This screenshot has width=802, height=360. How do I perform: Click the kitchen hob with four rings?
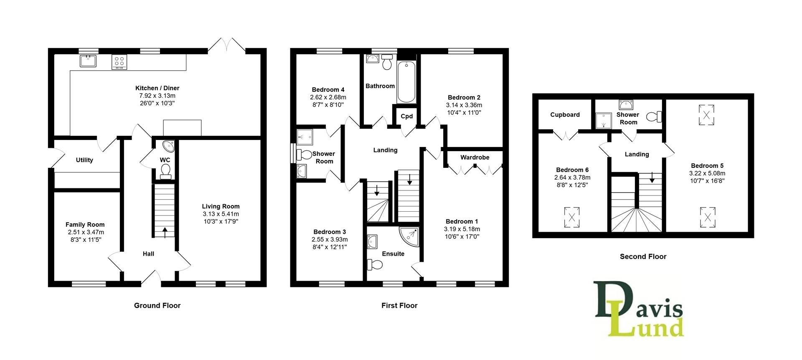(x=119, y=62)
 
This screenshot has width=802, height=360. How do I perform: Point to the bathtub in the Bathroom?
(x=406, y=82)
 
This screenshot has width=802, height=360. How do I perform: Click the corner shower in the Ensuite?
(x=410, y=236)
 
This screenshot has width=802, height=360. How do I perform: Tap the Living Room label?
(x=221, y=206)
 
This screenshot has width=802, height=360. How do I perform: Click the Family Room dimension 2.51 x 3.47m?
(x=85, y=232)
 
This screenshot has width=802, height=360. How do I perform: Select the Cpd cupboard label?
(x=406, y=116)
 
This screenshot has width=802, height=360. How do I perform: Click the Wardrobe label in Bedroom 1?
(x=475, y=157)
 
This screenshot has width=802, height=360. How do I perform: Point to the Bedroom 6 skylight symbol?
(x=571, y=217)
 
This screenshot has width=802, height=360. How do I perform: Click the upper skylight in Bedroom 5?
(x=706, y=115)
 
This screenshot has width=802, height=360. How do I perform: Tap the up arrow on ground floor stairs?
(x=165, y=232)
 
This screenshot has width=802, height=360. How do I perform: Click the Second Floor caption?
(x=643, y=256)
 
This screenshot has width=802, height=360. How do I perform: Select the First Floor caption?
(x=399, y=305)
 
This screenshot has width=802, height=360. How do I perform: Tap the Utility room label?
(x=84, y=160)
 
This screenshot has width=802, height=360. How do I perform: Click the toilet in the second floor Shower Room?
(x=655, y=117)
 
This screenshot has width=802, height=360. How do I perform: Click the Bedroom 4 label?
(x=328, y=89)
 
